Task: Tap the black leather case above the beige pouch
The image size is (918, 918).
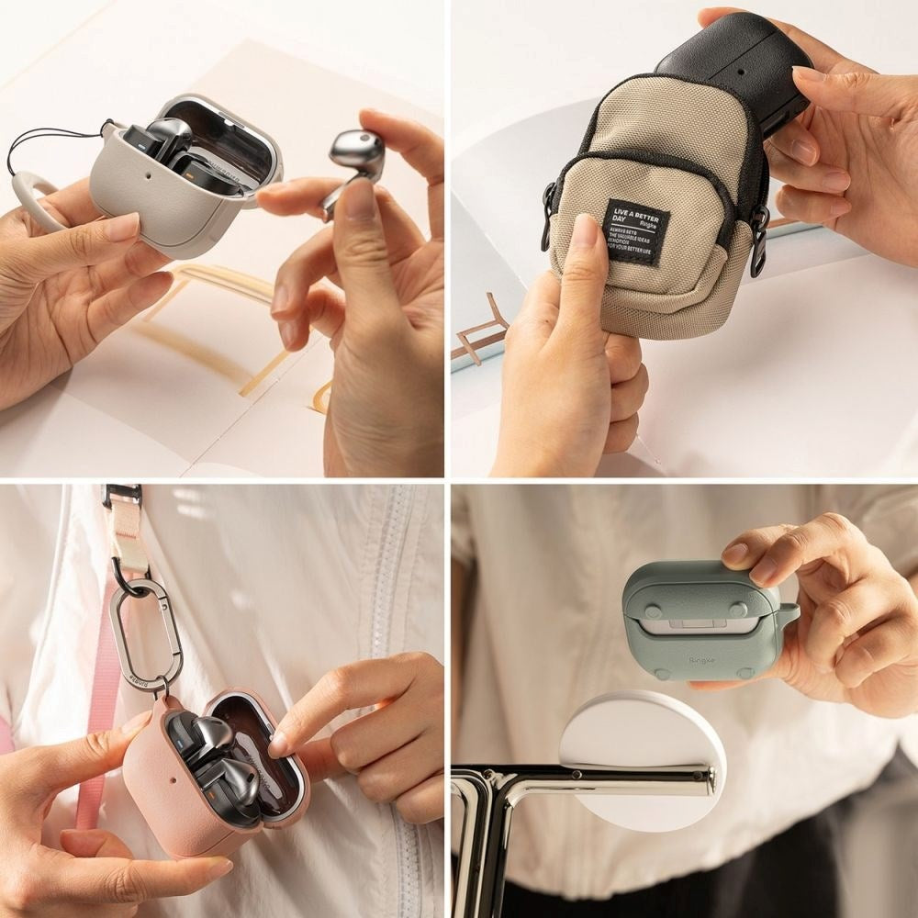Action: click(734, 64)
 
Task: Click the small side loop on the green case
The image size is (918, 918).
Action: click(788, 613)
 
